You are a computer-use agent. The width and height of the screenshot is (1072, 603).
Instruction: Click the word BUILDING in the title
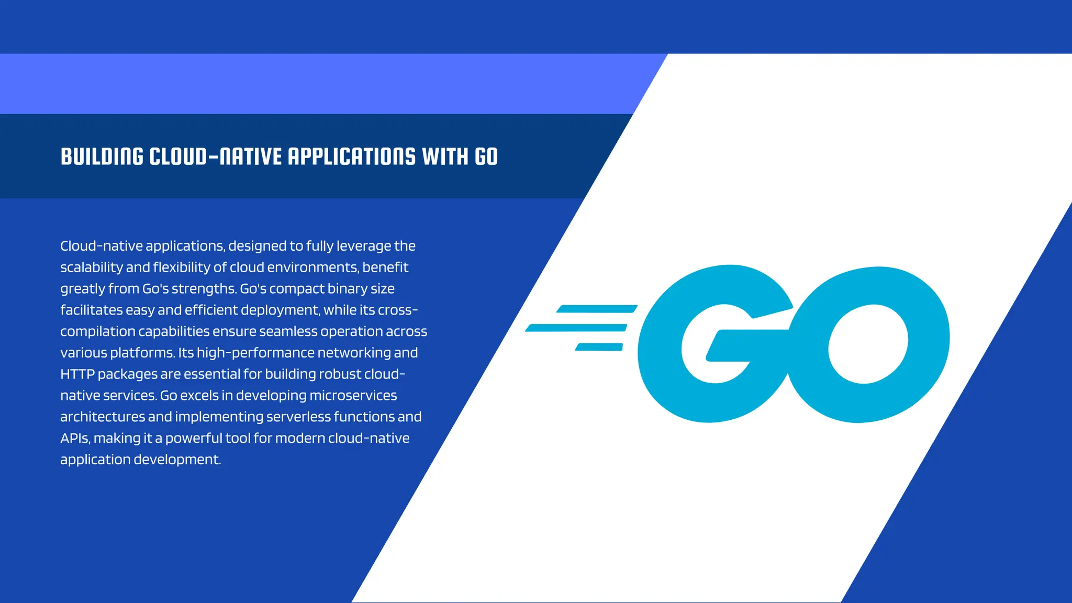point(102,157)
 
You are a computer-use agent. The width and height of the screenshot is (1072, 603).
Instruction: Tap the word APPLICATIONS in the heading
point(352,157)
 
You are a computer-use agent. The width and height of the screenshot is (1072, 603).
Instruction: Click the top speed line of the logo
point(597,309)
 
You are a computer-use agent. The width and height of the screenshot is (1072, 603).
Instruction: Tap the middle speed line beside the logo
point(576,328)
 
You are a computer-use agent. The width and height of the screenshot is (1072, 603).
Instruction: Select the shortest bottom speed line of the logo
point(599,347)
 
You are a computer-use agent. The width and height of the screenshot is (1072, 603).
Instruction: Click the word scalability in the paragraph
point(92,267)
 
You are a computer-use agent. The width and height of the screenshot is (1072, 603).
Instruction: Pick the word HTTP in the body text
point(77,374)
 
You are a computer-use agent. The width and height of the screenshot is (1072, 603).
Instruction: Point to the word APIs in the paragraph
point(75,439)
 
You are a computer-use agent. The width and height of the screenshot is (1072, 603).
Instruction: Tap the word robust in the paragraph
point(333,374)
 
